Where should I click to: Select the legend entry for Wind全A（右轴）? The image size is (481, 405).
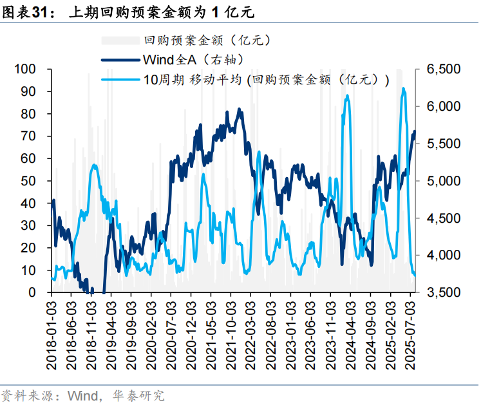(193, 60)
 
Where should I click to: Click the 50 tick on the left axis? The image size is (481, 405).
(28, 181)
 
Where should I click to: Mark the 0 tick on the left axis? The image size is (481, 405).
(32, 292)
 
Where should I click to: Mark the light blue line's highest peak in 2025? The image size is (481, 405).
(403, 89)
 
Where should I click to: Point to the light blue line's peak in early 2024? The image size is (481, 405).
(348, 96)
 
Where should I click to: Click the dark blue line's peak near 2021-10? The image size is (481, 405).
(240, 109)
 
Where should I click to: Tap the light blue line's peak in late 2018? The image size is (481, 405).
(95, 165)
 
